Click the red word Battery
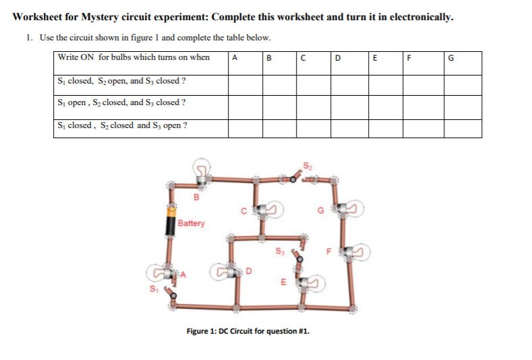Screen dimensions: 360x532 tap(191, 223)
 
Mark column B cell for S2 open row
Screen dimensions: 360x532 tap(279, 84)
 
